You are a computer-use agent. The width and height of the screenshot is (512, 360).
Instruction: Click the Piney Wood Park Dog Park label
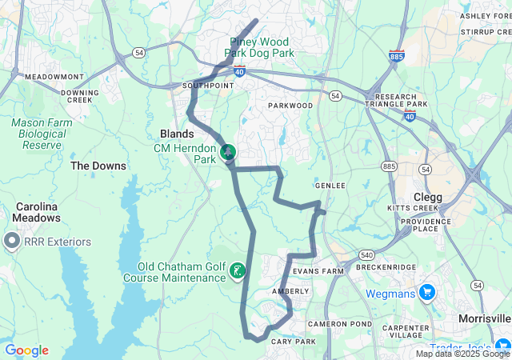pos(259,47)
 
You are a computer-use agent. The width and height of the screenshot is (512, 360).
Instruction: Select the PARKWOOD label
pos(290,106)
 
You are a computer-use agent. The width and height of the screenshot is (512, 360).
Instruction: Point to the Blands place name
pos(177,134)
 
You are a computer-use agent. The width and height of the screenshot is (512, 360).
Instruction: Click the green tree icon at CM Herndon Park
pos(228,151)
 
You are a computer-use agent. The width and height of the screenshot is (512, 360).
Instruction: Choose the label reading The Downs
pos(98,166)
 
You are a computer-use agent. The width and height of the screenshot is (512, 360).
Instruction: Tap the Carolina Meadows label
pos(37,212)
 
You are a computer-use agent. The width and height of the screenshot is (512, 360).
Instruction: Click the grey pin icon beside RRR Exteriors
pos(12,240)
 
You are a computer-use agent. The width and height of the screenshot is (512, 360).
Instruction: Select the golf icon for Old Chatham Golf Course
pos(238,271)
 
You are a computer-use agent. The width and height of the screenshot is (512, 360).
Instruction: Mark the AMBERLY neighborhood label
pos(290,291)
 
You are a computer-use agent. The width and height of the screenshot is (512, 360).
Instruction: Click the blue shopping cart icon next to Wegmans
pos(427,293)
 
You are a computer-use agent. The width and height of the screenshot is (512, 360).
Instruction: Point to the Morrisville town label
pos(485,318)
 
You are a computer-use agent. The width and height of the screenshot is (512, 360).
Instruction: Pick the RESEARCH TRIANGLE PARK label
pos(396,100)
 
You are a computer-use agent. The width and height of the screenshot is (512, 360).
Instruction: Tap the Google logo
pos(26,350)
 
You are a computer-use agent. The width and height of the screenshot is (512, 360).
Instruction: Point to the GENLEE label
pos(330,185)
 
